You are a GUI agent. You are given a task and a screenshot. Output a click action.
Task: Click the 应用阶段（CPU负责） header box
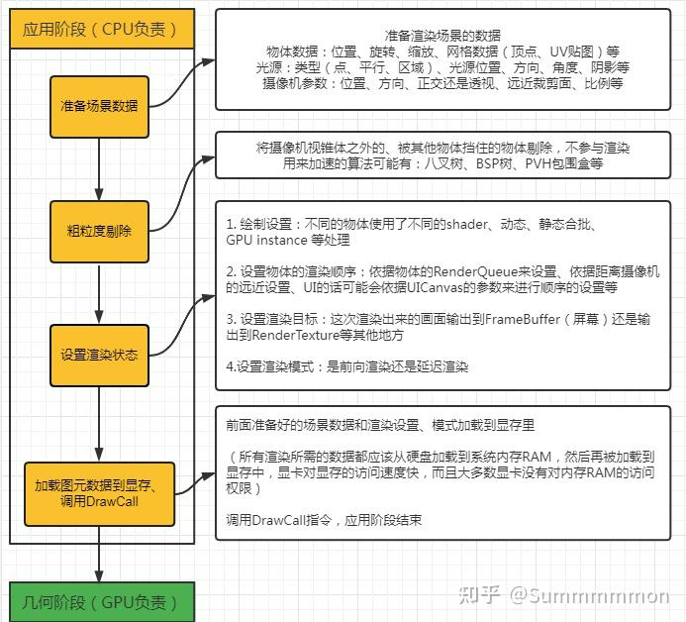coord(100,29)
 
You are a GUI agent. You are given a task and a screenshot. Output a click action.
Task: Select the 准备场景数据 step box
coord(100,106)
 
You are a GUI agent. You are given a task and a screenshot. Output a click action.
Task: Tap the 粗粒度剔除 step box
coord(100,231)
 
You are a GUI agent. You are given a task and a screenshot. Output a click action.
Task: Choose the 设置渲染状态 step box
coord(100,355)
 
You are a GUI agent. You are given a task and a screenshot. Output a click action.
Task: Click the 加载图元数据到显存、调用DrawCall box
coord(100,492)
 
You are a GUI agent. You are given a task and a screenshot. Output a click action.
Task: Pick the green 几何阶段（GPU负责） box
coord(100,600)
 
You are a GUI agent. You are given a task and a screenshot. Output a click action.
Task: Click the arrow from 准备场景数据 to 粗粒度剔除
coord(100,168)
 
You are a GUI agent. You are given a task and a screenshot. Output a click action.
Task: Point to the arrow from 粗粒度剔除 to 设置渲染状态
coord(100,292)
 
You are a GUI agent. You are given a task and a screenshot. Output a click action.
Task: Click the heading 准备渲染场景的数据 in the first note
coord(441,34)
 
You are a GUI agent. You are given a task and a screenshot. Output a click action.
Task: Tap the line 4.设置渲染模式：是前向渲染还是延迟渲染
coord(346,366)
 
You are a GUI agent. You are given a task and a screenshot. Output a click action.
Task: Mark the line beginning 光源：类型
coord(441,66)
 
